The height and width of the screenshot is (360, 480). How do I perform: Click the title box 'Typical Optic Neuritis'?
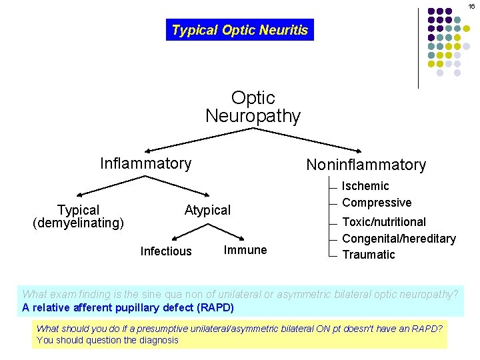pyautogui.click(x=239, y=30)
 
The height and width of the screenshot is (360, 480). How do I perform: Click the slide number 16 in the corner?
pyautogui.click(x=471, y=6)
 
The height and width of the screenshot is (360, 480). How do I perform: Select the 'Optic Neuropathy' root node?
pyautogui.click(x=253, y=107)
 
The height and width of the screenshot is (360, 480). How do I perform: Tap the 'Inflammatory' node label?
pyautogui.click(x=145, y=163)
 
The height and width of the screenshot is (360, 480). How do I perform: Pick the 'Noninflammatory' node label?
pyautogui.click(x=365, y=165)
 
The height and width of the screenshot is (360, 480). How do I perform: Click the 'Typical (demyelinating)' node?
pyautogui.click(x=78, y=217)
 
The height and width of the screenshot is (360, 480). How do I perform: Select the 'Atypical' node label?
pyautogui.click(x=207, y=210)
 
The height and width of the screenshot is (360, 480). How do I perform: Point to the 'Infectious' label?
pyautogui.click(x=166, y=251)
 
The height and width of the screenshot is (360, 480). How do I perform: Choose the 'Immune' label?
pyautogui.click(x=245, y=250)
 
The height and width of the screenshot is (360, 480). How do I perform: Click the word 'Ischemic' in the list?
pyautogui.click(x=365, y=186)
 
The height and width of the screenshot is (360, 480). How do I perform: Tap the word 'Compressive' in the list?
pyautogui.click(x=377, y=203)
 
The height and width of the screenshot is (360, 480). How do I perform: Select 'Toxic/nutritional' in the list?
pyautogui.click(x=384, y=222)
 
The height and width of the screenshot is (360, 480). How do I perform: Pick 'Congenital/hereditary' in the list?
pyautogui.click(x=399, y=239)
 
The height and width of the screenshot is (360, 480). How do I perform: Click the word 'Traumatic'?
pyautogui.click(x=369, y=255)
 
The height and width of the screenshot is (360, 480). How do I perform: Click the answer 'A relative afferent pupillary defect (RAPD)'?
pyautogui.click(x=128, y=308)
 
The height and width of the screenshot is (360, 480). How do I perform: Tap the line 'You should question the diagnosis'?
pyautogui.click(x=107, y=340)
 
